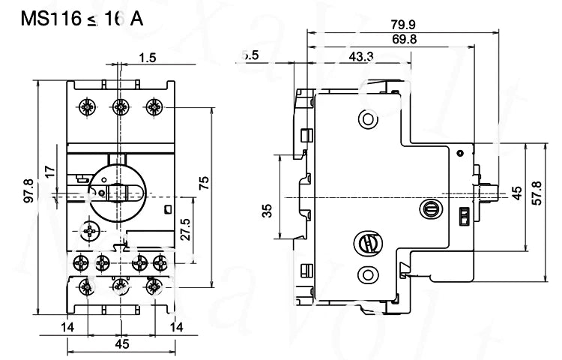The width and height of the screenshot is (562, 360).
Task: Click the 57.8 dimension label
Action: click(534, 195)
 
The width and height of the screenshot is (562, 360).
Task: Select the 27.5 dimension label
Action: click(186, 227)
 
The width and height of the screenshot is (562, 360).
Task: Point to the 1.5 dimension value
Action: click(147, 58)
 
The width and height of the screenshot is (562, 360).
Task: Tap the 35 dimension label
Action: click(268, 211)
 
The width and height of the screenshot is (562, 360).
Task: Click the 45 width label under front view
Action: click(122, 344)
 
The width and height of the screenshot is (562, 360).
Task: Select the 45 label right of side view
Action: click(516, 194)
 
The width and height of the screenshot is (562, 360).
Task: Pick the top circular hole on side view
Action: click(366, 117)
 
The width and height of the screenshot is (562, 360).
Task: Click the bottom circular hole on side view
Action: click(367, 274)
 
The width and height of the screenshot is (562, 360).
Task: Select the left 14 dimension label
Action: click(68, 326)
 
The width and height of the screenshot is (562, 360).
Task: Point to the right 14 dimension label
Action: click(177, 326)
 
